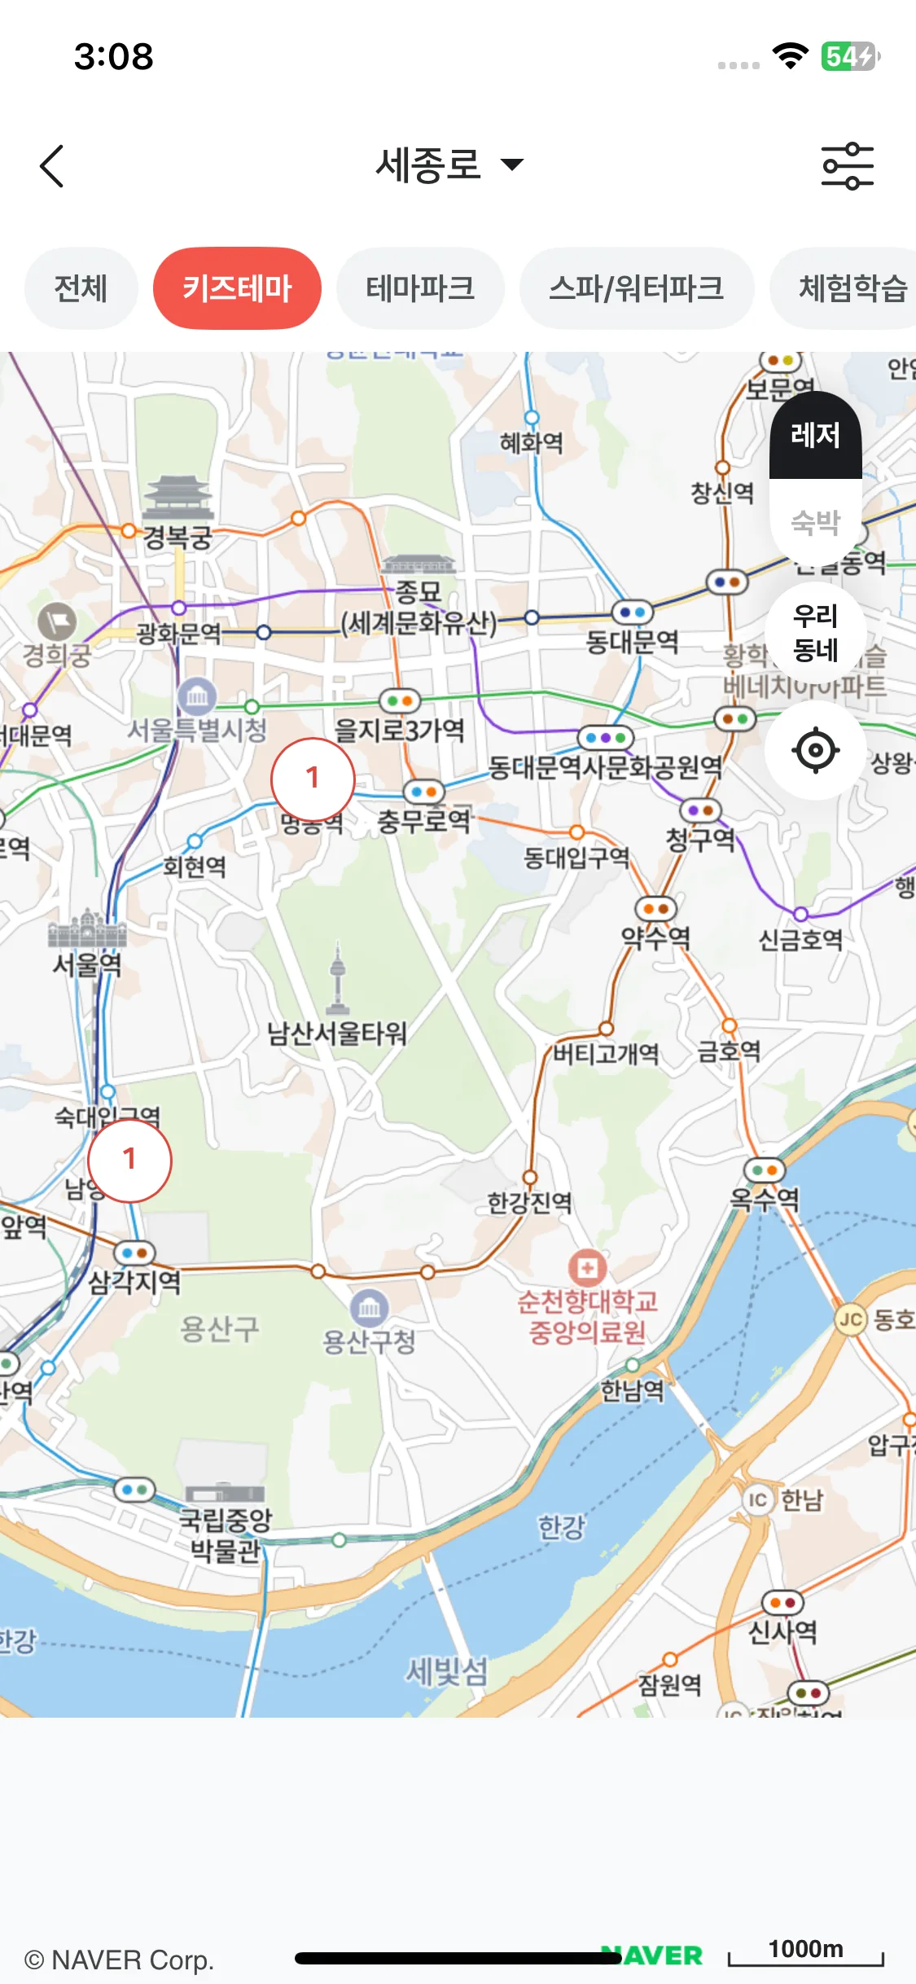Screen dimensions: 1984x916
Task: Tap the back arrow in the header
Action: (x=52, y=166)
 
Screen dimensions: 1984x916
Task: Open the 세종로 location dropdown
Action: (x=449, y=165)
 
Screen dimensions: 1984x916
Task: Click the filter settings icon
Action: (x=847, y=166)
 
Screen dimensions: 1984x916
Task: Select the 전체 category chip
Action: (x=81, y=288)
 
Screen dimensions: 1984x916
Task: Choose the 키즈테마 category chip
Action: (x=237, y=288)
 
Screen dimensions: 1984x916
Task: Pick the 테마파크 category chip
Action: (x=420, y=288)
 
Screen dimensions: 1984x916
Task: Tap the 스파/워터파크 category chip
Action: (x=636, y=288)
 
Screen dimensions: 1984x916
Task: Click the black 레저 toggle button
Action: (x=815, y=436)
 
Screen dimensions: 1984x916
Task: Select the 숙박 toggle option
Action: (x=815, y=521)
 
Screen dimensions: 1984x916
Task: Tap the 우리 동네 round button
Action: (x=815, y=633)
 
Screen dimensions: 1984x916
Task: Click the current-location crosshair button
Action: (x=815, y=750)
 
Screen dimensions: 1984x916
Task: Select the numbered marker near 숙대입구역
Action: (x=129, y=1160)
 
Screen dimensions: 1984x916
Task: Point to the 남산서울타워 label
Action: (x=337, y=1034)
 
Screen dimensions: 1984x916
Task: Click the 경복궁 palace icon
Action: (x=178, y=497)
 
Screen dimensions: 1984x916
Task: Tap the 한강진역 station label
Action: (x=529, y=1202)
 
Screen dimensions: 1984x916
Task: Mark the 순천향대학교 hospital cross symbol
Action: (x=587, y=1267)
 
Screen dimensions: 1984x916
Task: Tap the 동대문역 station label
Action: (x=632, y=642)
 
